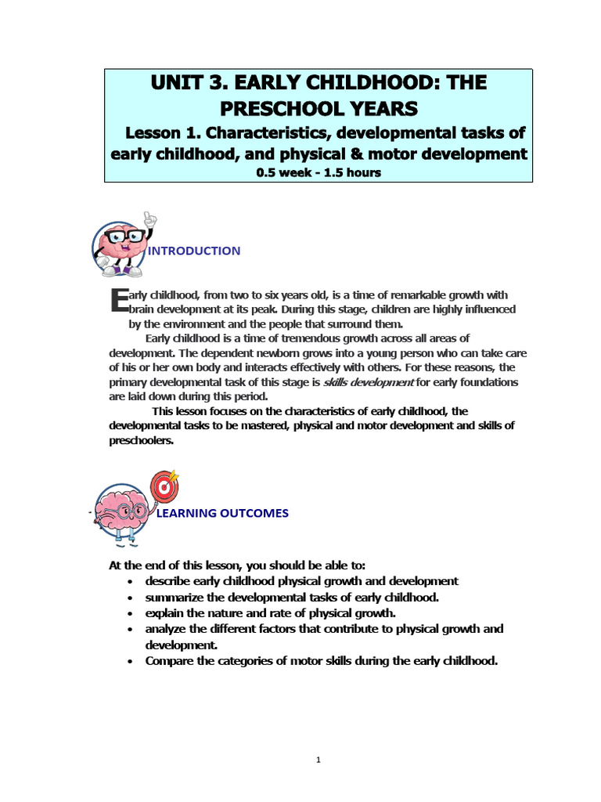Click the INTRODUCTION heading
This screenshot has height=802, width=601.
click(x=194, y=251)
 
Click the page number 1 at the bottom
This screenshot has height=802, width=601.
click(x=318, y=760)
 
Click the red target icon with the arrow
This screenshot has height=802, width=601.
click(x=164, y=486)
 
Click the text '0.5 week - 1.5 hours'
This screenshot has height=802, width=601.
click(x=318, y=172)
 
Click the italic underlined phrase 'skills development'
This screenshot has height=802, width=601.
click(x=368, y=382)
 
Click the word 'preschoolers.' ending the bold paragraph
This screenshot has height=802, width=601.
click(x=141, y=440)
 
